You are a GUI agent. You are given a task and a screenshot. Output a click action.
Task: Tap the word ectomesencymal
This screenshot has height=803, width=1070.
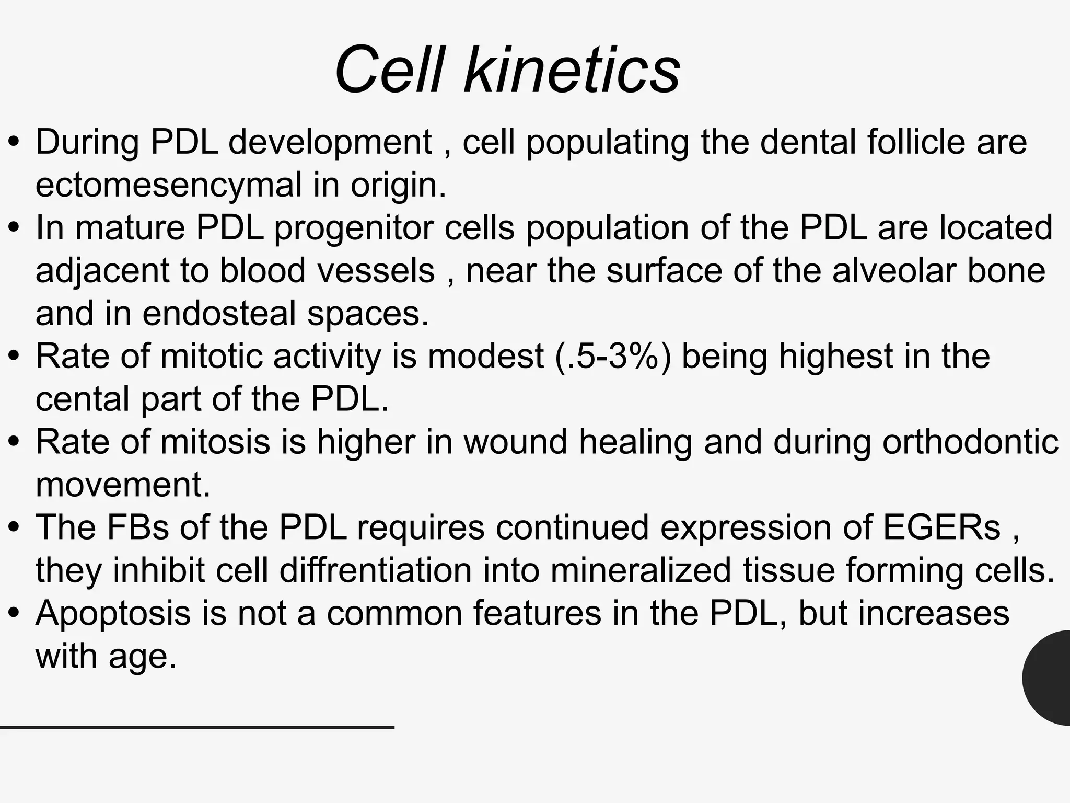[x=168, y=185]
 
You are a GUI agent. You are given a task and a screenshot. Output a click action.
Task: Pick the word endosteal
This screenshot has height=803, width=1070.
[x=219, y=314]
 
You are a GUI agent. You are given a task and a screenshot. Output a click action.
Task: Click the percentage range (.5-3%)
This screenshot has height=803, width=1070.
[x=612, y=357]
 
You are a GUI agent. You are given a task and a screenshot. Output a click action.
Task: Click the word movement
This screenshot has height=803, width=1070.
[x=123, y=485]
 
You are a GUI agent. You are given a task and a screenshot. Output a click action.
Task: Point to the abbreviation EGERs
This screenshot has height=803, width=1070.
[x=941, y=527]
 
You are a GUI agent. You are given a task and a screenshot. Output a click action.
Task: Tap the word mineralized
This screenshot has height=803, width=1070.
[x=641, y=570]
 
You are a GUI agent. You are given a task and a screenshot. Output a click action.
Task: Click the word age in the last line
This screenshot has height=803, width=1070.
[x=142, y=657]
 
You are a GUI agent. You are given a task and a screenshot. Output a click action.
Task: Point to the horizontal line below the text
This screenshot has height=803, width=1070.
[x=197, y=727]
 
